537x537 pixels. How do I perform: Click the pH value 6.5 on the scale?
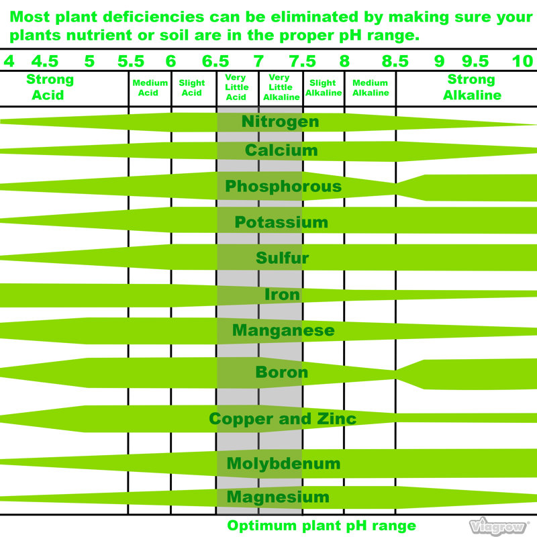click(215, 61)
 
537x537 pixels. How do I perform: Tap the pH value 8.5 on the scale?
click(395, 61)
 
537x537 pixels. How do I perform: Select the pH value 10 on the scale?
click(523, 61)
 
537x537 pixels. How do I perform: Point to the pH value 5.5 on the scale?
click(131, 61)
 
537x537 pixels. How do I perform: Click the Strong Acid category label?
click(50, 87)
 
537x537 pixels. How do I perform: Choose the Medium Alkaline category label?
click(371, 88)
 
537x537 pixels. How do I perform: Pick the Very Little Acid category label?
click(236, 87)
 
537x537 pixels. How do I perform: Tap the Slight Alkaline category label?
click(324, 88)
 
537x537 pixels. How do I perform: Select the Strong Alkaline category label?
click(472, 87)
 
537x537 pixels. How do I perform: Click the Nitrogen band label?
click(280, 121)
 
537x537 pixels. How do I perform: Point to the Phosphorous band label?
click(283, 187)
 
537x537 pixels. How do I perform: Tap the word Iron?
click(282, 295)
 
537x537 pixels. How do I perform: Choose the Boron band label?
click(281, 372)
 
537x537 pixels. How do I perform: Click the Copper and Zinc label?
click(283, 418)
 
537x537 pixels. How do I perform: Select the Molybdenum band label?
click(283, 463)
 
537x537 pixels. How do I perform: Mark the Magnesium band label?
click(278, 497)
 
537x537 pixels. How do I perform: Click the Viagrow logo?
click(498, 526)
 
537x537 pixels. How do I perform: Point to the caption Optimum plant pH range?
click(322, 526)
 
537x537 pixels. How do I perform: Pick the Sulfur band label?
click(282, 258)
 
